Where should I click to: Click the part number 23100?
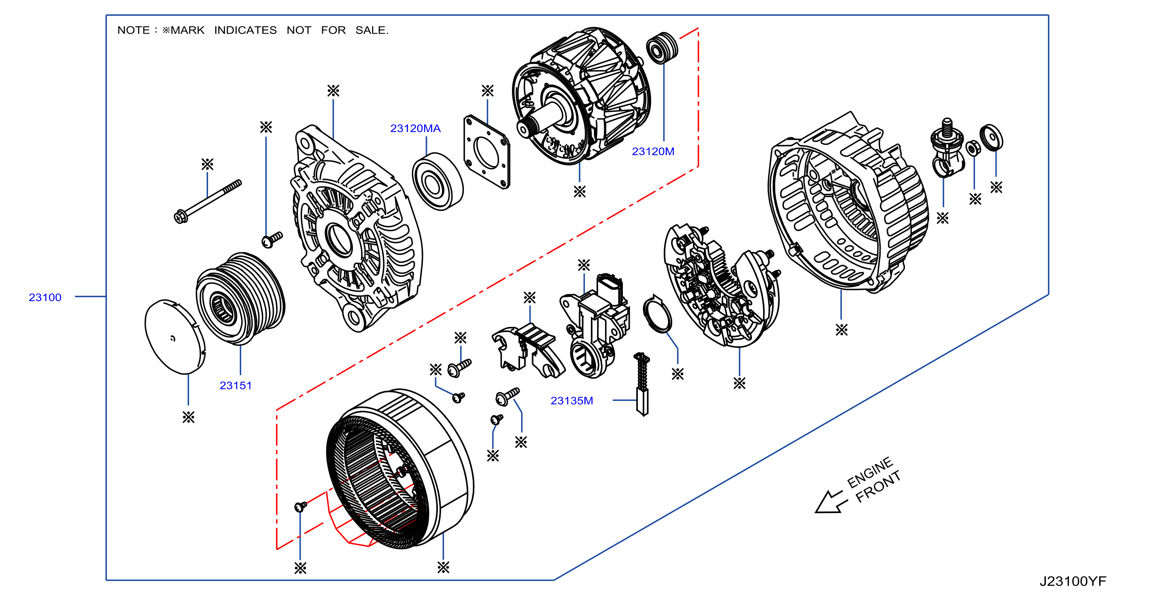(45, 297)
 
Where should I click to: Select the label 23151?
(236, 386)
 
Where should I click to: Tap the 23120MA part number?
(415, 128)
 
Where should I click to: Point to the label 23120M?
(653, 151)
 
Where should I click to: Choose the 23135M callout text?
(571, 401)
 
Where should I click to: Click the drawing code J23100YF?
(1072, 581)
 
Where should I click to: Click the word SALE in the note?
(372, 30)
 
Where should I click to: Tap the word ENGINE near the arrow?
(869, 472)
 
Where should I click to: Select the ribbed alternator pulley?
(240, 298)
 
